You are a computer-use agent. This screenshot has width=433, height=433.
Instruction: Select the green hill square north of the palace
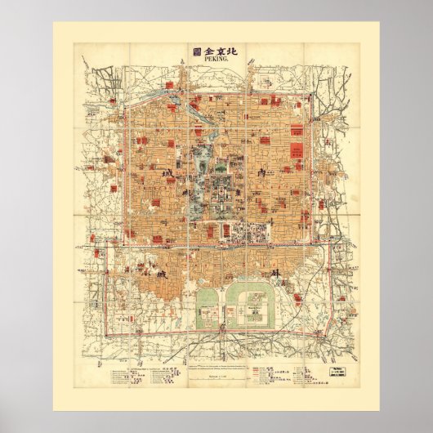pyautogui.click(x=219, y=152)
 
